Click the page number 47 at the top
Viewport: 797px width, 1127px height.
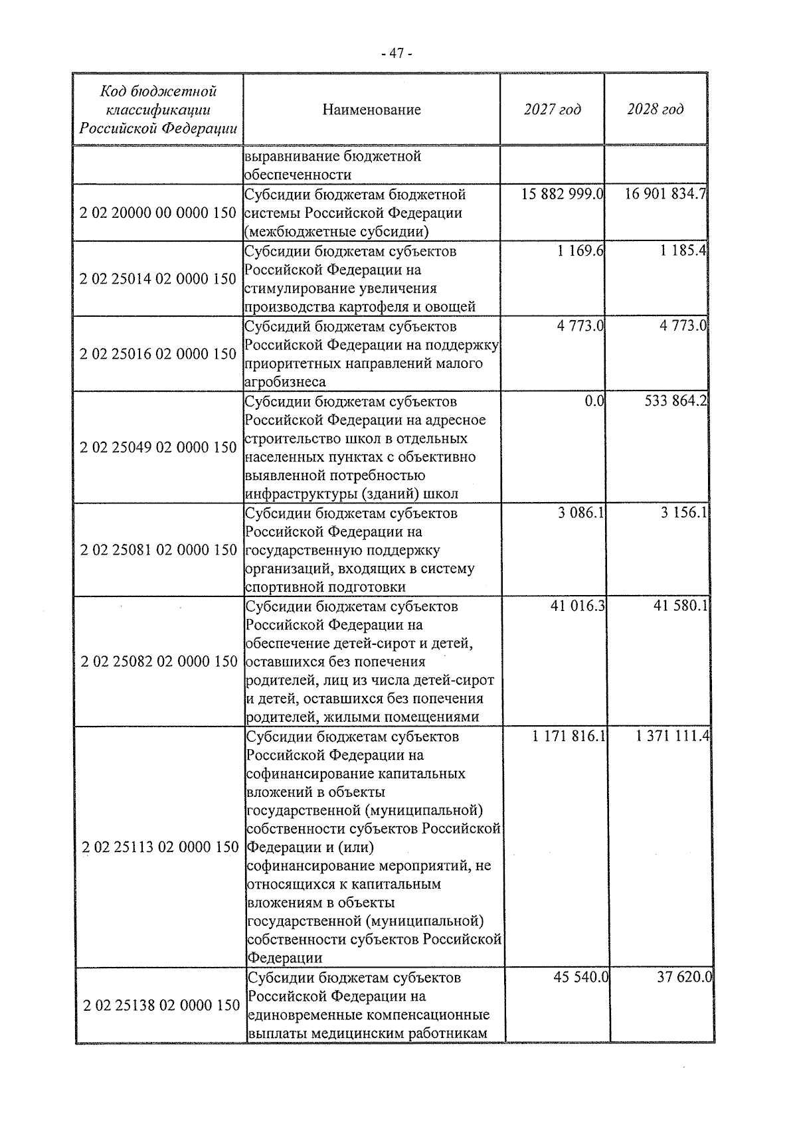[x=398, y=53]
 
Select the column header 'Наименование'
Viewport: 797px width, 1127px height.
[x=371, y=110]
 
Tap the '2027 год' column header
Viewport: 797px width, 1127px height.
[x=552, y=109]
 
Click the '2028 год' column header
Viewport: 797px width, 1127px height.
[x=655, y=109]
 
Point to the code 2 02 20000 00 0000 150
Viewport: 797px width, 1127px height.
[x=158, y=213]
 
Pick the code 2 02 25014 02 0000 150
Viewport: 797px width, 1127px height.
[x=158, y=279]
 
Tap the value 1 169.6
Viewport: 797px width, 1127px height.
[x=580, y=252]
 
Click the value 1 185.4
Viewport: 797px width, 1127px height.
[x=684, y=252]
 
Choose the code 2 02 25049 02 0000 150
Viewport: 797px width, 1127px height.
[x=158, y=448]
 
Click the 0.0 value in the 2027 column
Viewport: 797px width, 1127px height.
[x=594, y=402]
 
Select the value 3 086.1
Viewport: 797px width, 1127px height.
[x=580, y=513]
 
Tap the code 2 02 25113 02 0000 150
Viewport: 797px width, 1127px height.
[x=159, y=847]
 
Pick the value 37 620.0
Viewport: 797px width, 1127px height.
[x=684, y=978]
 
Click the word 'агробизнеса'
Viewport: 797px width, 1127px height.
[x=286, y=382]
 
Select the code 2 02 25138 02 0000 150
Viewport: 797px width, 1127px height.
[x=161, y=1005]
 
